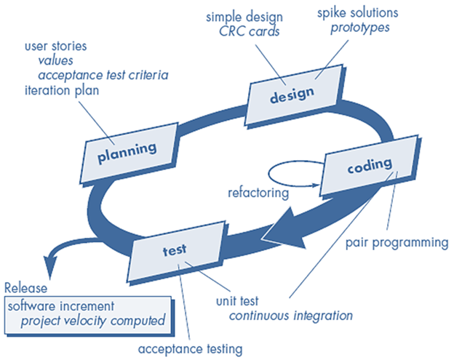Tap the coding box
(x=369, y=167)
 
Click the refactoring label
(x=257, y=193)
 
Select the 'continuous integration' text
(x=291, y=316)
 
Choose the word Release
(x=26, y=287)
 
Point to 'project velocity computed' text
(x=92, y=319)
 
